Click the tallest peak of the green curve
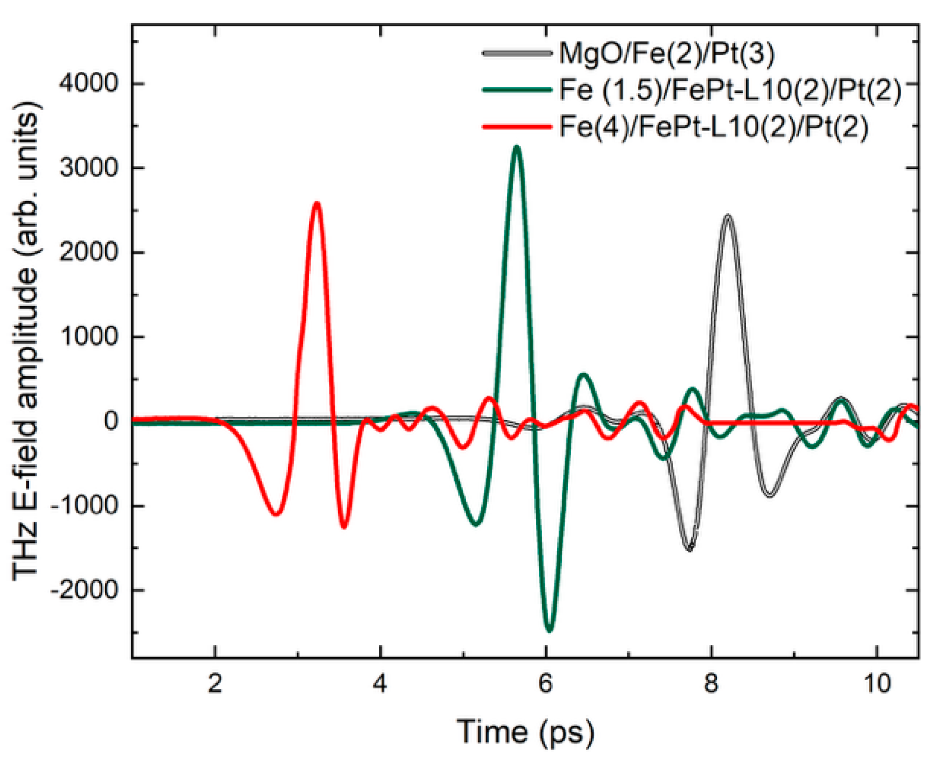[x=517, y=148]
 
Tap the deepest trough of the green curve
[x=549, y=630]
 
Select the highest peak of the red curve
[x=317, y=203]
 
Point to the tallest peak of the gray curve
[x=728, y=216]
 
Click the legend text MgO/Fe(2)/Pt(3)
[x=667, y=53]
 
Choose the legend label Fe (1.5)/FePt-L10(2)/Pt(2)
[x=730, y=90]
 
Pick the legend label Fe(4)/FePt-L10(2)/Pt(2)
[x=713, y=127]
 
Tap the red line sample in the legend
[x=517, y=127]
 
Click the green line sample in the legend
[x=517, y=90]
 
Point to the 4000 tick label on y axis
[x=89, y=84]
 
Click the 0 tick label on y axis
[x=111, y=421]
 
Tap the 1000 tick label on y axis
[x=89, y=337]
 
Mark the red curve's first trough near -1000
[x=275, y=514]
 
